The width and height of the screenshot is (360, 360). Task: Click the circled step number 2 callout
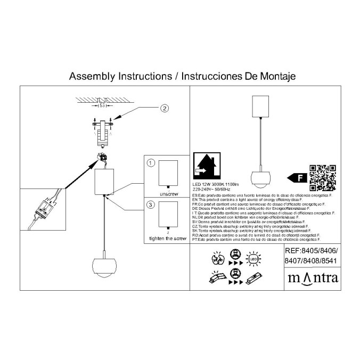coord(165,109)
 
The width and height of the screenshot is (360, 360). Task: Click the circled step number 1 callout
coord(151,162)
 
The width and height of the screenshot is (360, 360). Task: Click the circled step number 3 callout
coord(151,204)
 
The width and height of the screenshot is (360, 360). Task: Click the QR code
coord(322,177)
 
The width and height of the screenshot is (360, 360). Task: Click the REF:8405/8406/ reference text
coord(312,250)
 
